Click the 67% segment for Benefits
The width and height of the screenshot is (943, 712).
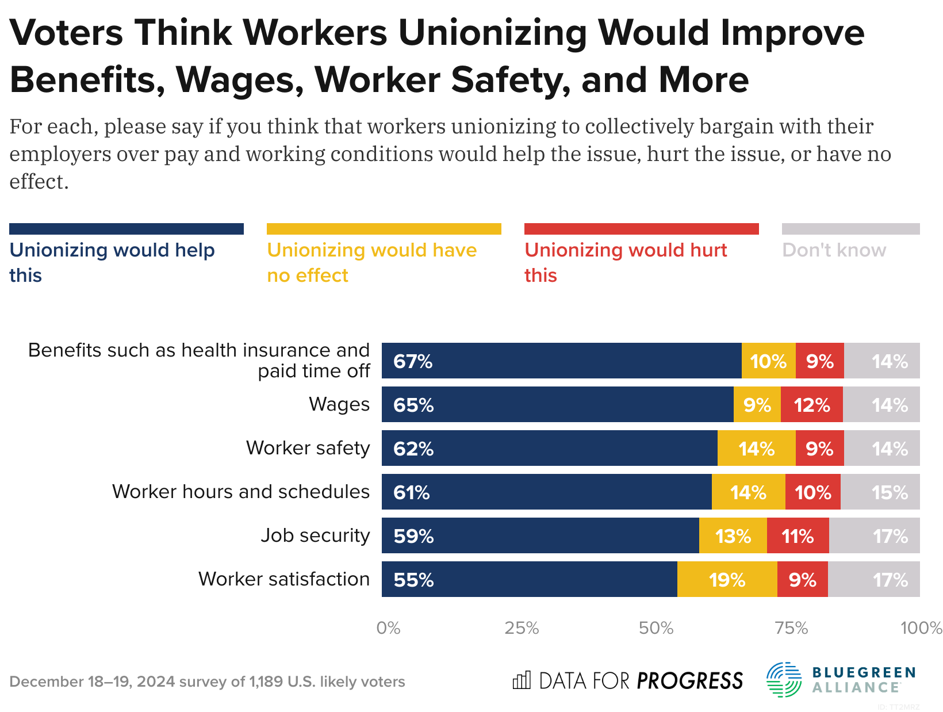tap(561, 361)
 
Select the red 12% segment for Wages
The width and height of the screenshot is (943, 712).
tap(811, 405)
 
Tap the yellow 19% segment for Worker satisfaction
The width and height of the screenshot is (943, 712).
tap(727, 580)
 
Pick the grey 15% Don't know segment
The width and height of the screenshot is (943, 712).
tap(880, 492)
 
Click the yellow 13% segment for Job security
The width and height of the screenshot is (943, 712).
tap(733, 536)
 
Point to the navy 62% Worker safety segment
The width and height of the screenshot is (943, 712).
tap(549, 449)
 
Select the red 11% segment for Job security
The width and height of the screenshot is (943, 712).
tap(798, 536)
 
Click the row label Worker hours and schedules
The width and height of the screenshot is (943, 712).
tap(241, 492)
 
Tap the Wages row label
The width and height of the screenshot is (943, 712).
tap(339, 404)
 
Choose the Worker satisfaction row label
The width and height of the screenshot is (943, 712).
tap(284, 579)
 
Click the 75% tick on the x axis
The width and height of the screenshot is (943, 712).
tap(792, 628)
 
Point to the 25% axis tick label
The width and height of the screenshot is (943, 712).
tap(522, 628)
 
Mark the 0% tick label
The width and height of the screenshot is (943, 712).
tap(388, 628)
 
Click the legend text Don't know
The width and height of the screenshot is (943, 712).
tap(834, 250)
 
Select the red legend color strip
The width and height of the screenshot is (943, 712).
tap(641, 229)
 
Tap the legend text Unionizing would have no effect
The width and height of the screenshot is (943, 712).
tap(371, 262)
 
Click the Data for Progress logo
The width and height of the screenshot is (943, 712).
tap(627, 681)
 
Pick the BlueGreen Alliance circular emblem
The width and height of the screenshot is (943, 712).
tap(784, 680)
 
